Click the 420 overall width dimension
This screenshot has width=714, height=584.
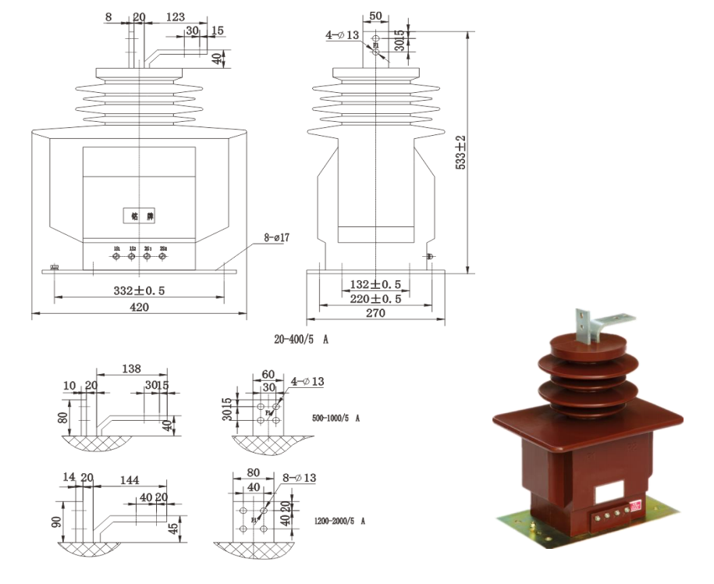click(x=139, y=308)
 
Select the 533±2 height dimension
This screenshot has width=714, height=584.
click(x=460, y=152)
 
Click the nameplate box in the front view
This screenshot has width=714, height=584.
click(x=138, y=215)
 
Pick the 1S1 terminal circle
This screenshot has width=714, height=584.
click(x=116, y=255)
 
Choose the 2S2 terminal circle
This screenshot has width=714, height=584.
click(x=162, y=255)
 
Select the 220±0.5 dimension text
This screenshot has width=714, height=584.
click(x=375, y=298)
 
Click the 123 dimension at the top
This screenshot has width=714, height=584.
click(x=176, y=16)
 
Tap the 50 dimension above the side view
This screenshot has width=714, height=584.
click(x=375, y=16)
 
